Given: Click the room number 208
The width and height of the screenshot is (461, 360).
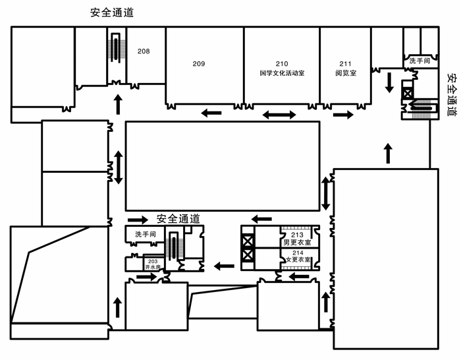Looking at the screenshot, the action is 144,51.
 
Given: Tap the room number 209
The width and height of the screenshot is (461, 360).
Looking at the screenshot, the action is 199,63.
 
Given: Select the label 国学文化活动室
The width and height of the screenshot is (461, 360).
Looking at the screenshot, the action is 282,73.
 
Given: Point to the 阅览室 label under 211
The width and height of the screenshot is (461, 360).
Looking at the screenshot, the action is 346,73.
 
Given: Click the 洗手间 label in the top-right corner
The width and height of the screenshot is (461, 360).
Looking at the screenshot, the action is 420,61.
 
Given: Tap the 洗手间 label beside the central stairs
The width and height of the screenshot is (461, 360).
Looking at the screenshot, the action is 146,234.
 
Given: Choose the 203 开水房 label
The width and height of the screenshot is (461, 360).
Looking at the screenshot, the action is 153,264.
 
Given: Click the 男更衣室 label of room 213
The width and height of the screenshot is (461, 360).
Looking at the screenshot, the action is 297,243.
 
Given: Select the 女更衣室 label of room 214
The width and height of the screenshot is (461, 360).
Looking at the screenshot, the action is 298,260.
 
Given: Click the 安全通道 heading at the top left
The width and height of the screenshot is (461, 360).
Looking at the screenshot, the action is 112,13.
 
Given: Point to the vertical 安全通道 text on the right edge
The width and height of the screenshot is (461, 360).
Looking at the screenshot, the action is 452,95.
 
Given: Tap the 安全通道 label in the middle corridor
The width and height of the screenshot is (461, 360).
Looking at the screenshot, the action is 178,219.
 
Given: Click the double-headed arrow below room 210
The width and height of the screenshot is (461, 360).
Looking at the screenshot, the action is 279,115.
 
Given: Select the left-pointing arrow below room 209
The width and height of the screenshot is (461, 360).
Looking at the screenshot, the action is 211,113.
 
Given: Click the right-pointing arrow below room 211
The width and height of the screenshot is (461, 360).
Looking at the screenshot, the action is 343,115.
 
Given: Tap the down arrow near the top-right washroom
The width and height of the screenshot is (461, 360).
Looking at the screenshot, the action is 390,82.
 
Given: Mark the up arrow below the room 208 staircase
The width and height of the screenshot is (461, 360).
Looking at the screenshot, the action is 118,104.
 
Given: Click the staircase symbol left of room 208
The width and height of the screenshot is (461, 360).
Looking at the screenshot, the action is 117,47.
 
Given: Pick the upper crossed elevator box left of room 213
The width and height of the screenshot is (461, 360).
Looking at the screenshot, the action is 248,241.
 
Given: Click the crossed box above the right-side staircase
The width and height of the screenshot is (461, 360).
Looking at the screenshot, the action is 408,94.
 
